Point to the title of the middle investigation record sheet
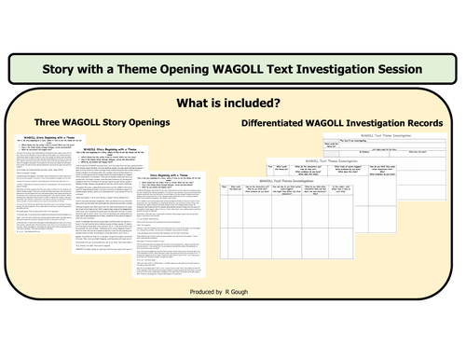click(x=345, y=160)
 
